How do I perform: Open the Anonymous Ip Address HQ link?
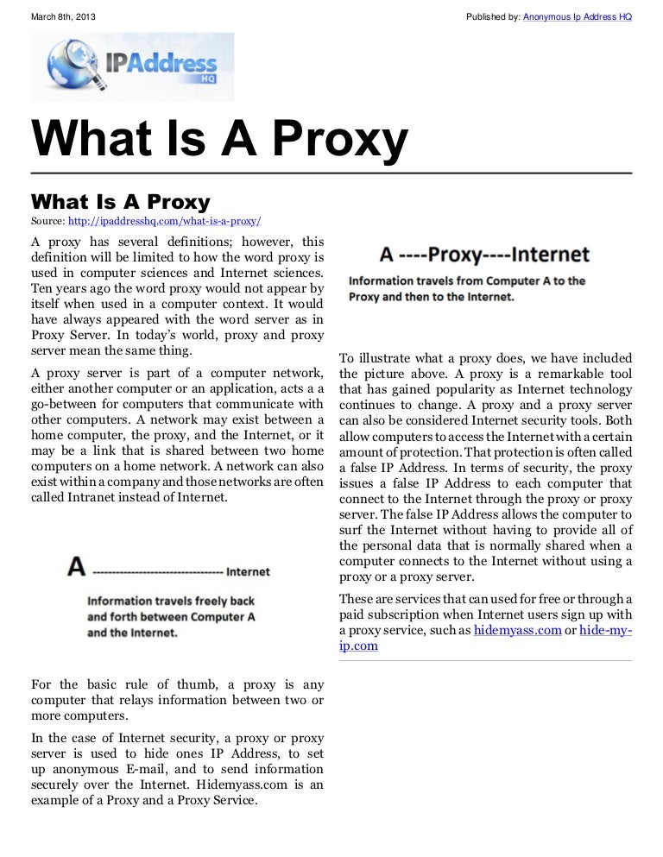(577, 17)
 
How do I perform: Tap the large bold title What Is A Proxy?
(219, 140)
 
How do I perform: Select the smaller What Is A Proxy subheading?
(120, 202)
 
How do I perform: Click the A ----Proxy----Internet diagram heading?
(484, 255)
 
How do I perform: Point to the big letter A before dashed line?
(77, 567)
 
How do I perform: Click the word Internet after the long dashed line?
(248, 571)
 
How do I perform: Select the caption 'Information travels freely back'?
(171, 601)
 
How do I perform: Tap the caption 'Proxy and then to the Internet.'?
(431, 296)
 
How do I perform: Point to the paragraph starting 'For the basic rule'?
(177, 700)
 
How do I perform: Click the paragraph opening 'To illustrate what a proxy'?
(485, 468)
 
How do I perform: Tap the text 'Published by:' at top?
(492, 17)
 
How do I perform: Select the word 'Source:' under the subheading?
(47, 222)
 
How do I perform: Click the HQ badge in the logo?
(205, 79)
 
